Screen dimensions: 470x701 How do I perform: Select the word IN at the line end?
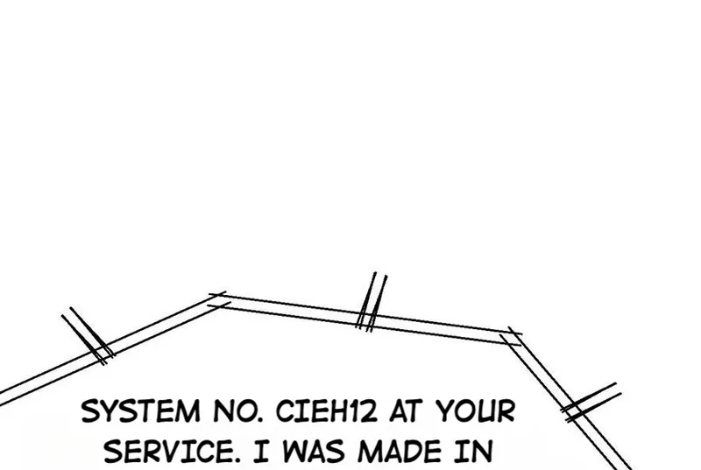(477, 452)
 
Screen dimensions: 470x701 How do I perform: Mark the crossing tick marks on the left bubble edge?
(89, 335)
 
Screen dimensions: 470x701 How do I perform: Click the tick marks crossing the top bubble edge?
(372, 302)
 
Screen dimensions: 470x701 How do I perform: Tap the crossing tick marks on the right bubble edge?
(590, 403)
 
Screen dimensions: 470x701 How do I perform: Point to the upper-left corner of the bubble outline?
(216, 300)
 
